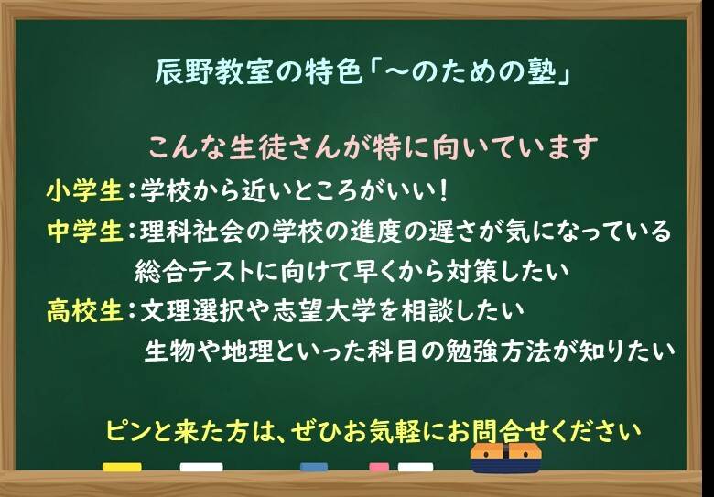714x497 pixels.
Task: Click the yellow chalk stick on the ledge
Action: pyautogui.click(x=122, y=468)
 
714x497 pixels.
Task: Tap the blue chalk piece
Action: pyautogui.click(x=314, y=468)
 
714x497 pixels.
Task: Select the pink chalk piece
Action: pyautogui.click(x=379, y=468)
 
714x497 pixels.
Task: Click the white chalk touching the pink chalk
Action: pyautogui.click(x=416, y=468)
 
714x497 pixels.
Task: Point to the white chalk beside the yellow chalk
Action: pyautogui.click(x=201, y=468)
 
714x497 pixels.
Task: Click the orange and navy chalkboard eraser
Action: pyautogui.click(x=506, y=458)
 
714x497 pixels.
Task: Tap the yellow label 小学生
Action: pyautogui.click(x=85, y=191)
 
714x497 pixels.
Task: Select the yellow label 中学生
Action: pyautogui.click(x=85, y=232)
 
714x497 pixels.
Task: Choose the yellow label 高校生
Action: pyautogui.click(x=85, y=311)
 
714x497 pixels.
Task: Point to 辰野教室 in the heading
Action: pyautogui.click(x=207, y=74)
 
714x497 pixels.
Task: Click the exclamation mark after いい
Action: pyautogui.click(x=445, y=191)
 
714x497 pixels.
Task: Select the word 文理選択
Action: pyautogui.click(x=192, y=311)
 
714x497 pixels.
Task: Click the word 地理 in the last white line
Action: pyautogui.click(x=248, y=351)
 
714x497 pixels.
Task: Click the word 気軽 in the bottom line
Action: pyautogui.click(x=396, y=430)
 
